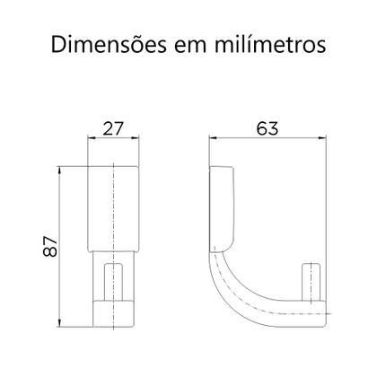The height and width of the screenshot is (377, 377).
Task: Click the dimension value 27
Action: coord(114,127)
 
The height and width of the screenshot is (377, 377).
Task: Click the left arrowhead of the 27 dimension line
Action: coord(91,137)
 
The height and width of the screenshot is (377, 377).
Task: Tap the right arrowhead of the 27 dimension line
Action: coord(138,137)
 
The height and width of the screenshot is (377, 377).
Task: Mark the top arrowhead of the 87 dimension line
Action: coord(60,168)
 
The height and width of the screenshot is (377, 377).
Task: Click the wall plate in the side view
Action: coord(222,211)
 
